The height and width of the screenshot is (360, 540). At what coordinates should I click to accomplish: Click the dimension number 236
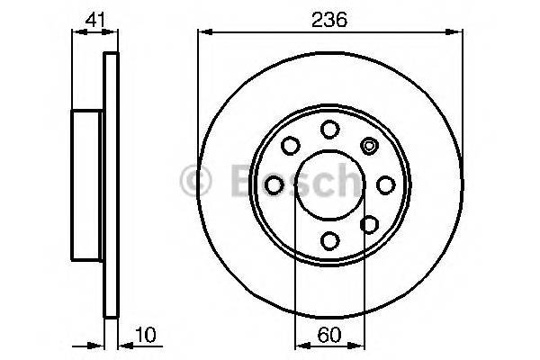tap(330, 18)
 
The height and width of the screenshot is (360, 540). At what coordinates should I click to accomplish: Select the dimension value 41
tap(94, 18)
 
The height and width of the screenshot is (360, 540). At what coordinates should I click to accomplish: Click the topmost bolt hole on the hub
tap(329, 128)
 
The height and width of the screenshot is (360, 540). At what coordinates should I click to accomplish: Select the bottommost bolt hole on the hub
tap(329, 239)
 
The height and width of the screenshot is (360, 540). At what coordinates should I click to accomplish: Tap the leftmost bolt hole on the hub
tap(274, 184)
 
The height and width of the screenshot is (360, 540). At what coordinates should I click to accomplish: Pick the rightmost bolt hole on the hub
tap(385, 184)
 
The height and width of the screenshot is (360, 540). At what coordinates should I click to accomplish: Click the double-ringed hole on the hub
tap(369, 144)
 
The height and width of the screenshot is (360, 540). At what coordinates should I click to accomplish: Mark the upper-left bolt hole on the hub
tap(291, 144)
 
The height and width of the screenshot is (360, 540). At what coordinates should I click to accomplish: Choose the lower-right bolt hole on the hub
tap(369, 223)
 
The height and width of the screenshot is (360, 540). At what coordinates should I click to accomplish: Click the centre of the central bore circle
tap(329, 184)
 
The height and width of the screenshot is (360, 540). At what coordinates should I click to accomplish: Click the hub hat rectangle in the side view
tap(88, 184)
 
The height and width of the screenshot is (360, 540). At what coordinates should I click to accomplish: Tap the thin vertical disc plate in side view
tap(112, 184)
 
